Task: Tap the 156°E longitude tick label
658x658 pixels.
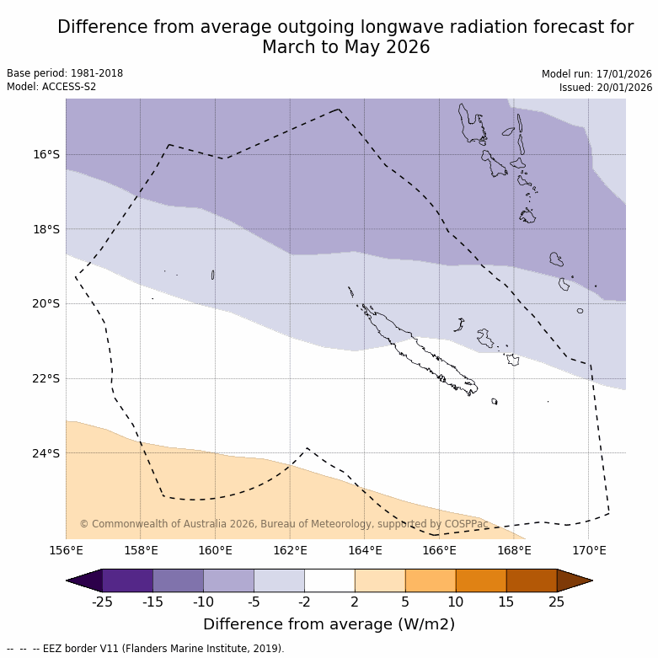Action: tap(66, 551)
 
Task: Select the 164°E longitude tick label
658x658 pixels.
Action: tap(365, 551)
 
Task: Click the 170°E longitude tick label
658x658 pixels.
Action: tap(589, 551)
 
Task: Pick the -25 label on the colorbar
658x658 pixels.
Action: tap(102, 602)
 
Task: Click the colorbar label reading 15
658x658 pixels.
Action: tap(506, 602)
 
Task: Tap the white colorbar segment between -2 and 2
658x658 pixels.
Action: tap(329, 580)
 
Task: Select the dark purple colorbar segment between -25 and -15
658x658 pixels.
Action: tap(127, 580)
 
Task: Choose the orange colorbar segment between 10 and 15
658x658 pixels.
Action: tap(481, 580)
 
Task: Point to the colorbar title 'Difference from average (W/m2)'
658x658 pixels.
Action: tap(329, 624)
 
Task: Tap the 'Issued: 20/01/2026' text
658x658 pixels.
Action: tap(606, 88)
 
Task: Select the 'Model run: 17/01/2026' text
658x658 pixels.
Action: tap(596, 74)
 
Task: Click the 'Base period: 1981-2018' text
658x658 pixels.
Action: tap(65, 73)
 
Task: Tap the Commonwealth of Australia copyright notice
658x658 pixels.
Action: tap(284, 524)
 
